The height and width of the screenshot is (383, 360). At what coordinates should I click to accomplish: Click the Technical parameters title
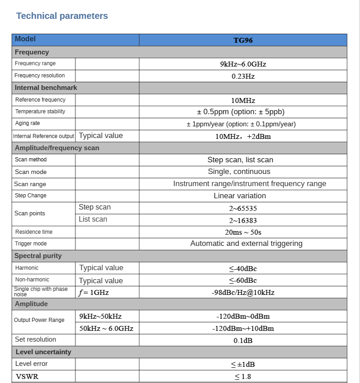pyautogui.click(x=62, y=16)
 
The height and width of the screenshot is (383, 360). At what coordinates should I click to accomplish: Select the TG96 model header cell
pyautogui.click(x=243, y=40)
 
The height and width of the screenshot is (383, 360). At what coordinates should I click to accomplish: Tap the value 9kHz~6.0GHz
pyautogui.click(x=243, y=64)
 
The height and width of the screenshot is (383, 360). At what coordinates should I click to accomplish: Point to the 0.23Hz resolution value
pyautogui.click(x=243, y=76)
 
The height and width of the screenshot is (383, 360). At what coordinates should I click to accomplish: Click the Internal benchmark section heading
pyautogui.click(x=46, y=88)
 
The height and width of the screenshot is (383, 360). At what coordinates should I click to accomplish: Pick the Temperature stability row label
pyautogui.click(x=40, y=111)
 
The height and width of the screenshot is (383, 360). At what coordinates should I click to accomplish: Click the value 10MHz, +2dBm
pyautogui.click(x=243, y=136)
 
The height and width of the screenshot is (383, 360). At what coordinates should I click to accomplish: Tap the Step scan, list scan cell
pyautogui.click(x=240, y=160)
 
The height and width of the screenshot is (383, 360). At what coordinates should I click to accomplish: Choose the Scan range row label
pyautogui.click(x=30, y=184)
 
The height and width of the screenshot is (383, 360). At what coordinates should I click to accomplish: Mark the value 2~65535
pyautogui.click(x=243, y=209)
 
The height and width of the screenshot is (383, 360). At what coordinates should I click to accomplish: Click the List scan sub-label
pyautogui.click(x=93, y=219)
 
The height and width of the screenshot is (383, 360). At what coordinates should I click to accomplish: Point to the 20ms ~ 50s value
pyautogui.click(x=243, y=232)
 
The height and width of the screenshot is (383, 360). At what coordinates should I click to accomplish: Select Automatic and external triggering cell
pyautogui.click(x=246, y=244)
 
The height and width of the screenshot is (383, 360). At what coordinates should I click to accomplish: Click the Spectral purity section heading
pyautogui.click(x=38, y=256)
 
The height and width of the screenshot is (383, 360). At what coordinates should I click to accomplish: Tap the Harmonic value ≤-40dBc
pyautogui.click(x=243, y=269)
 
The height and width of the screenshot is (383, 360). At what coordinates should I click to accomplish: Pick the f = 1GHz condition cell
pyautogui.click(x=94, y=293)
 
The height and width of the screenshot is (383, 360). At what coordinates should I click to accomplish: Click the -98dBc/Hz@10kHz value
pyautogui.click(x=243, y=293)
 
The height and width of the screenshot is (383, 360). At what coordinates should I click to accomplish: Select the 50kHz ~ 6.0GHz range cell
pyautogui.click(x=106, y=329)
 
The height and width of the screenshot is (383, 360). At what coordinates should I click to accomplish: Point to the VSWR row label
pyautogui.click(x=27, y=377)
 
